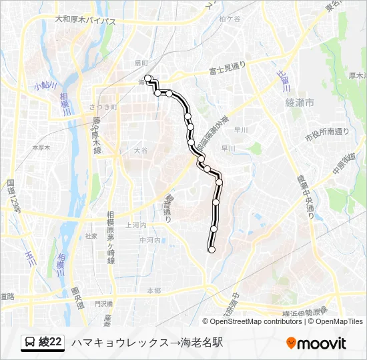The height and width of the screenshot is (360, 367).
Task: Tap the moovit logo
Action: point(316,343)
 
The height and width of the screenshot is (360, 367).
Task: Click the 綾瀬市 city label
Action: point(298,102)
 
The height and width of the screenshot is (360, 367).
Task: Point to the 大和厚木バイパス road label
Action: point(85,21)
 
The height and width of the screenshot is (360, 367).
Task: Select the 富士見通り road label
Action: point(228,67)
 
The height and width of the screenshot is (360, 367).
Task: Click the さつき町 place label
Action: point(103,107)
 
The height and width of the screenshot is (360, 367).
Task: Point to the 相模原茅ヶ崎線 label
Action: point(110,238)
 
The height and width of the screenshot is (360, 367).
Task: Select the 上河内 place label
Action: point(135,225)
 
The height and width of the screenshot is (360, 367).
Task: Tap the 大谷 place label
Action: point(140,151)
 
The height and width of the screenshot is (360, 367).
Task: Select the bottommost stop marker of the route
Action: point(212,250)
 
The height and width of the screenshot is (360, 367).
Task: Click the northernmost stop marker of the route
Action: point(147,78)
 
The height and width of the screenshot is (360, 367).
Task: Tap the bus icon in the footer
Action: point(30,343)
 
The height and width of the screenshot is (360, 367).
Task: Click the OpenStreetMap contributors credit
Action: point(248,321)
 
